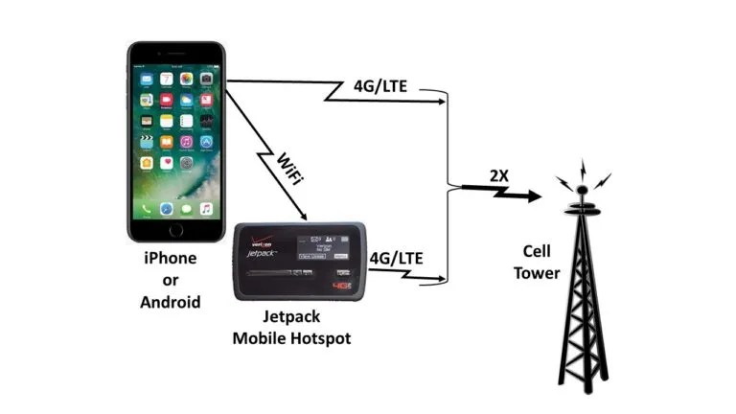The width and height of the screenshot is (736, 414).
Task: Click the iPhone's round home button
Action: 174,230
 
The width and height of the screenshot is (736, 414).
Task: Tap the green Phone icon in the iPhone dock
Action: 146,209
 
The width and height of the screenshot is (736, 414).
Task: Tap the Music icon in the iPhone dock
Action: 205,209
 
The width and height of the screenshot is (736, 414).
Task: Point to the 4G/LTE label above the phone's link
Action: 379,86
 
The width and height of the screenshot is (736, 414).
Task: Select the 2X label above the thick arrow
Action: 497,175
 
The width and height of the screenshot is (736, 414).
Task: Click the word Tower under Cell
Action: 536,272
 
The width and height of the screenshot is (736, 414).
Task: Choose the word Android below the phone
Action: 172,302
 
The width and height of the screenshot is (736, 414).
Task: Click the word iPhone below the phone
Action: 172,259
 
